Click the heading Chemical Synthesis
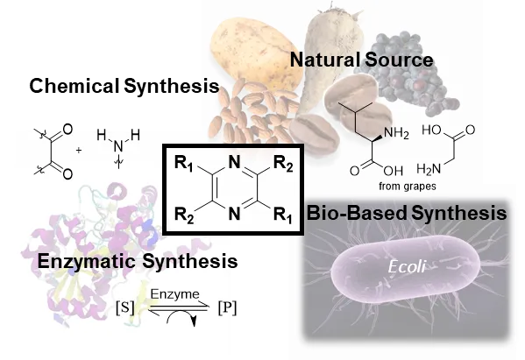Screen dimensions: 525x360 coord(124,86)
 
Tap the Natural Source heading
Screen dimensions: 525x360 coord(361,60)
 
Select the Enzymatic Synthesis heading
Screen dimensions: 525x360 coord(138,261)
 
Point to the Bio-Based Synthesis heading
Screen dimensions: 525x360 coord(407,213)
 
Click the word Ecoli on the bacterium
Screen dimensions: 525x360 coord(407,266)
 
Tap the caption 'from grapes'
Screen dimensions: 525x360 coord(408,186)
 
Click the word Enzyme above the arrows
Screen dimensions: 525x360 coord(174,294)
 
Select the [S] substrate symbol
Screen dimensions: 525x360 coord(124,307)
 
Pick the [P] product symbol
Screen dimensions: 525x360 coord(227,307)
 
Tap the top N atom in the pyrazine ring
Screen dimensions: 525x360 coord(234,163)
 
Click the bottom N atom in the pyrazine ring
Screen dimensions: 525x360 coord(234,214)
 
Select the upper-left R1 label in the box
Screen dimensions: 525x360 coord(184,164)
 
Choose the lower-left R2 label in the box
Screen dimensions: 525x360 coord(184,215)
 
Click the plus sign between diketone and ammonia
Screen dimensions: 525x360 coord(78,151)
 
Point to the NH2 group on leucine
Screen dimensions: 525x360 coord(397,133)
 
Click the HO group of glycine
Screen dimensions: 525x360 coord(431,130)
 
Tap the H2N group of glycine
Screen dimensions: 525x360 coord(429,169)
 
